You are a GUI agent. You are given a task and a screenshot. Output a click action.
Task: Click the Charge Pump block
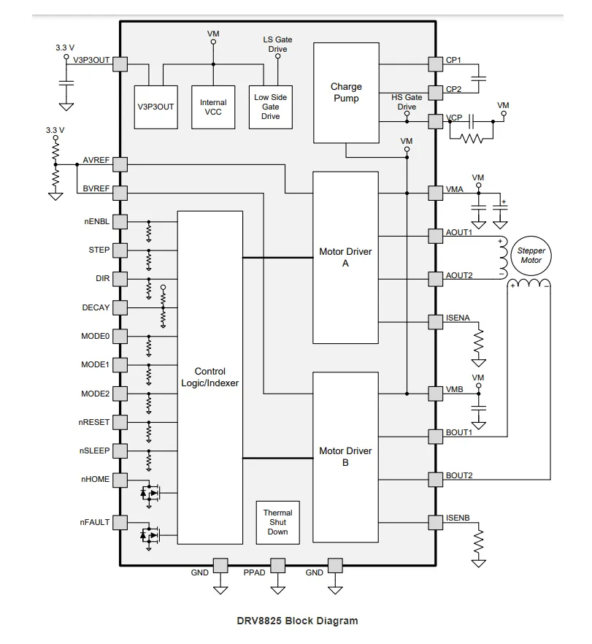[346, 93]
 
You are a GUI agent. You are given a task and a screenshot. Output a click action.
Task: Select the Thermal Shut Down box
[277, 523]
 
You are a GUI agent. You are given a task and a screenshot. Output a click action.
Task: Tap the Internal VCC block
[213, 107]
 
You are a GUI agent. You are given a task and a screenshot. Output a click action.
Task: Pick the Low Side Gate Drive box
[271, 107]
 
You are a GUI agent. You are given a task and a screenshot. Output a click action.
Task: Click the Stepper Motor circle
[531, 256]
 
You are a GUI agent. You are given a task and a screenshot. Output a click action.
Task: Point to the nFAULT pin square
[120, 523]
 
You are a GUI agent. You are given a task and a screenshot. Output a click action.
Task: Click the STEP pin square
[120, 250]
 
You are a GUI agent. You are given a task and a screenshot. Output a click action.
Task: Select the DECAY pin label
[96, 307]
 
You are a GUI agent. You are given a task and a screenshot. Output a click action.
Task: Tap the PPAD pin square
[277, 565]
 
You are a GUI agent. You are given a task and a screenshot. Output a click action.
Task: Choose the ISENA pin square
[435, 322]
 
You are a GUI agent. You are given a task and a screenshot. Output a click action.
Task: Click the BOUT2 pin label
[459, 475]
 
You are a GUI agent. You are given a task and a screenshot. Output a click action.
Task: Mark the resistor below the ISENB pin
[478, 541]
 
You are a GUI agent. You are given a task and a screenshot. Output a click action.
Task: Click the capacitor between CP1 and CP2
[478, 78]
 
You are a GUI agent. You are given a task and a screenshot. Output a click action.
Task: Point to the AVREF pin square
[120, 164]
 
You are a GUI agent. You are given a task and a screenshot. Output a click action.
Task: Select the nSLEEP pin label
[94, 451]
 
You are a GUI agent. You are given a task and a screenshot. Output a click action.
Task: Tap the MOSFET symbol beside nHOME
[150, 492]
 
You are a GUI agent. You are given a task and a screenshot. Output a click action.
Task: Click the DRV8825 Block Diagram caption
[297, 621]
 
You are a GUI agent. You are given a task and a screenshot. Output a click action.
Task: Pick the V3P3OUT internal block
[155, 107]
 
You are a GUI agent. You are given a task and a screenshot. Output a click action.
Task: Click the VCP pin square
[435, 121]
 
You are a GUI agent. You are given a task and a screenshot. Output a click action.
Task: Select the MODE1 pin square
[120, 365]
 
